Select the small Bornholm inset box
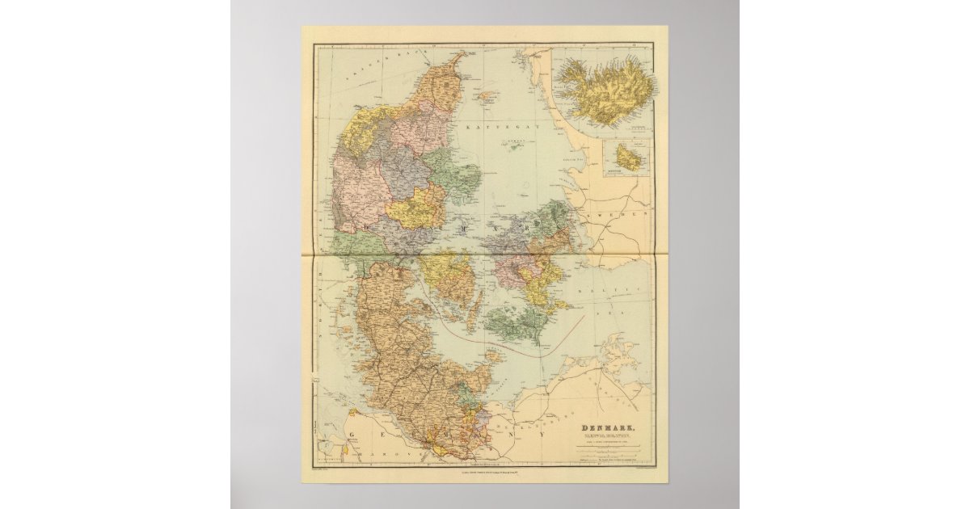click(627, 158)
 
